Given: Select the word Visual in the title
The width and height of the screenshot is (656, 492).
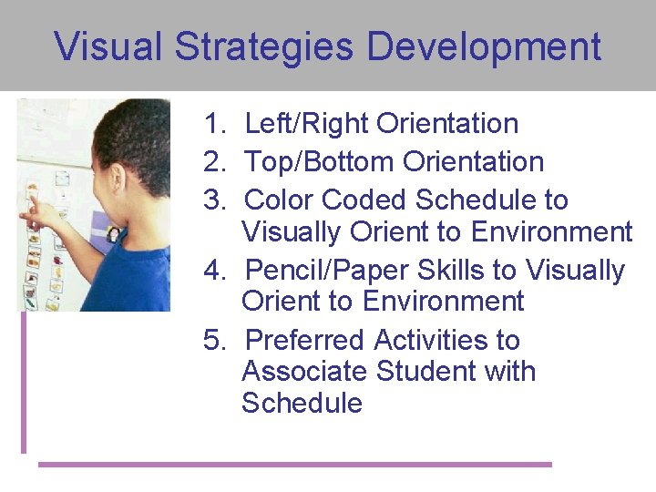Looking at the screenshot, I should click(x=110, y=47).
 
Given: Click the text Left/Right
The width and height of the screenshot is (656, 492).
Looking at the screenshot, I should click(x=307, y=124).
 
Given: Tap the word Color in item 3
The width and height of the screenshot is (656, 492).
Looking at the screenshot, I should click(x=281, y=200).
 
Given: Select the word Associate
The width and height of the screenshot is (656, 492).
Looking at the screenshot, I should click(x=304, y=372).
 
